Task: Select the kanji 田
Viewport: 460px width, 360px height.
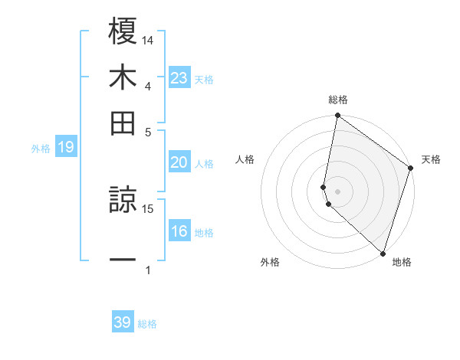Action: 123,123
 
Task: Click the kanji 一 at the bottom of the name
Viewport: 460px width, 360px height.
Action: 123,259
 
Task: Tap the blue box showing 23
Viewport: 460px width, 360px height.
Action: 179,77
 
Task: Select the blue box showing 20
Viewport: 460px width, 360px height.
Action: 179,162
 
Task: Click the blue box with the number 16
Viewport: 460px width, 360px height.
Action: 179,232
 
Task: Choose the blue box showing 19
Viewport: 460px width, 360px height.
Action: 66,147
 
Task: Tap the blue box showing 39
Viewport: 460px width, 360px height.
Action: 123,322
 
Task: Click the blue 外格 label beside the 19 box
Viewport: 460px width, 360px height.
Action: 41,149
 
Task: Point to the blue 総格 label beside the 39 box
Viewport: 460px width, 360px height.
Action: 147,324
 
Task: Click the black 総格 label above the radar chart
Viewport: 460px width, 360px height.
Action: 338,100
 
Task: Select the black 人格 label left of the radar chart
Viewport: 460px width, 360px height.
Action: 245,159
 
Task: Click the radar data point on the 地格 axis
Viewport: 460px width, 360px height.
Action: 383,254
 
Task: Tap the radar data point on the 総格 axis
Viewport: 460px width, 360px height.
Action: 337,116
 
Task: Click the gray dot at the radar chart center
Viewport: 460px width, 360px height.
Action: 337,191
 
